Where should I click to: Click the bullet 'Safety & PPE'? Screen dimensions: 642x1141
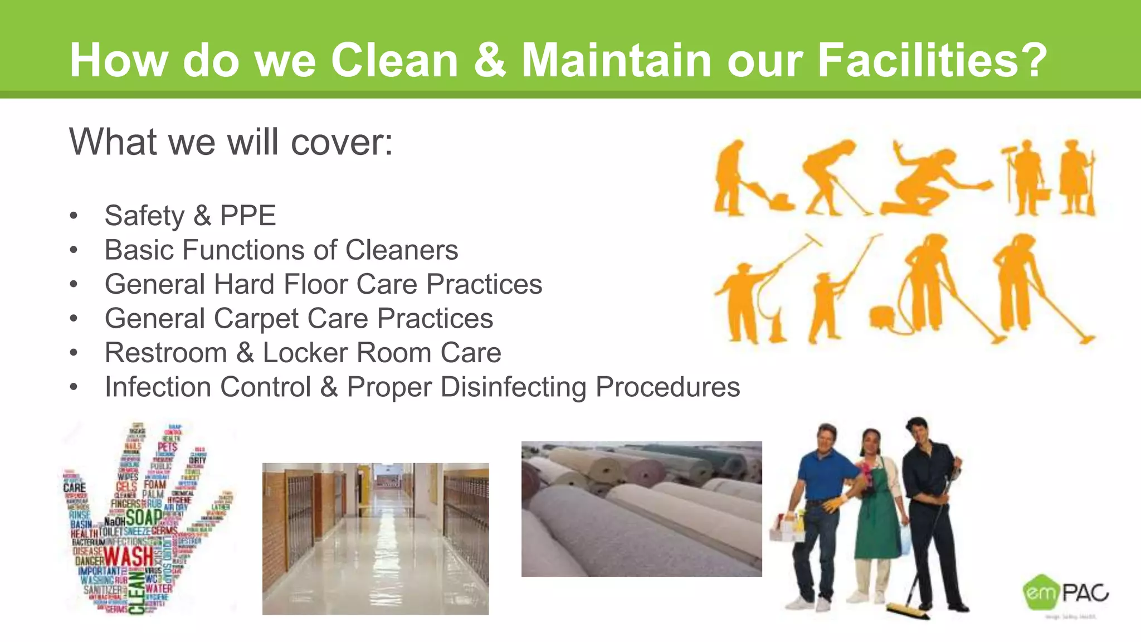point(190,216)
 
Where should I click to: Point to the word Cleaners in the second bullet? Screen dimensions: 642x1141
point(402,250)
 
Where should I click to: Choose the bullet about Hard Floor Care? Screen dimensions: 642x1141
point(323,284)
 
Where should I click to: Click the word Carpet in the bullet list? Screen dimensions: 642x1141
point(256,319)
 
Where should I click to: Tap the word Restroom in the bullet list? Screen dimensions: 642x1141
point(165,353)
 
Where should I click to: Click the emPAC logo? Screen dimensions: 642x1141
point(1065,594)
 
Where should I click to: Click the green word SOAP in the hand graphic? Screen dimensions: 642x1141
point(143,517)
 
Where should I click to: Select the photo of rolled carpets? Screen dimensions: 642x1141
point(641,509)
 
